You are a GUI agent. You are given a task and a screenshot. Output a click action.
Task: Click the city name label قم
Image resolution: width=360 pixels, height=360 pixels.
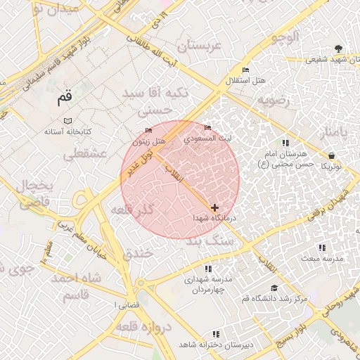(65, 99)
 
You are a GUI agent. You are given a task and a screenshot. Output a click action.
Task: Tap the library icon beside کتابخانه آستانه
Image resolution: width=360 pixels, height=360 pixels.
(67, 121)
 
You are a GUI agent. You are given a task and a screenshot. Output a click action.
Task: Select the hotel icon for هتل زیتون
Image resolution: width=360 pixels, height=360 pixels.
(148, 131)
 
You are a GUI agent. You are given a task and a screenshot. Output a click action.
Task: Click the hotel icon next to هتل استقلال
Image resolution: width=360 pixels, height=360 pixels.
(245, 70)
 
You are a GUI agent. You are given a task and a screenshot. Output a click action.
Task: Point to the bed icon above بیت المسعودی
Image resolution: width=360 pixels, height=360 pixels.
(207, 127)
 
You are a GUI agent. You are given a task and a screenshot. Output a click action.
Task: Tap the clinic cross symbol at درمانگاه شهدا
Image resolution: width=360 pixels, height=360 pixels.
(214, 207)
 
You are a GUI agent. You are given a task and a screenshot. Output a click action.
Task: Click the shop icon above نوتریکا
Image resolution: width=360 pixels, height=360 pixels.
(331, 155)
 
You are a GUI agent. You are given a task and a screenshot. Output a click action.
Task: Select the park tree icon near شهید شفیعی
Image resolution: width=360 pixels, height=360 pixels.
(340, 49)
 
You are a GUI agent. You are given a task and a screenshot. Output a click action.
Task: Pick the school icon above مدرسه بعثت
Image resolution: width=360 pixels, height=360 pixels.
(322, 247)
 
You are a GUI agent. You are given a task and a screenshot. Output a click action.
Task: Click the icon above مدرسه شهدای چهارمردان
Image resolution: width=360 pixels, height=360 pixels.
(208, 268)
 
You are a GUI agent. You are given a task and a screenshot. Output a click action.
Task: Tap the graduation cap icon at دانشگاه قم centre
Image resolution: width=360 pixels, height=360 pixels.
(274, 288)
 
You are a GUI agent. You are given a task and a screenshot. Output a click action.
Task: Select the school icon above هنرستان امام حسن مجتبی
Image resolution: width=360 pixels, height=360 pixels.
(284, 142)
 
